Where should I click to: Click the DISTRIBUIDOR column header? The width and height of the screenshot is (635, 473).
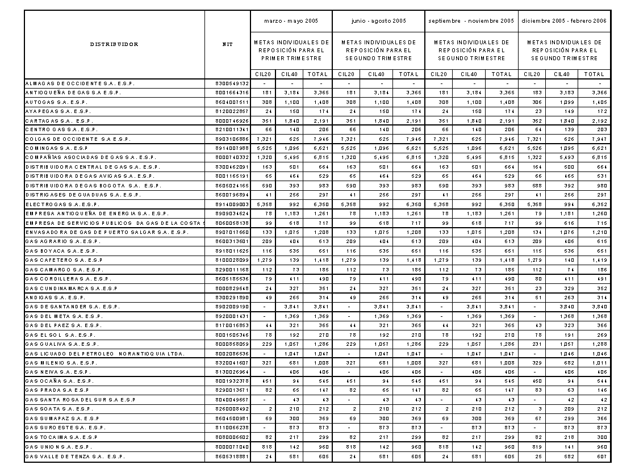click(114, 44)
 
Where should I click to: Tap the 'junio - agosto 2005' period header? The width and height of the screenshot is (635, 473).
click(378, 20)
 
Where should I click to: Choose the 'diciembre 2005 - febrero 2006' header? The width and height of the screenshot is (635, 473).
click(563, 20)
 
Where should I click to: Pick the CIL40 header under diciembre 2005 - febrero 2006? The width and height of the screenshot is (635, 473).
click(562, 74)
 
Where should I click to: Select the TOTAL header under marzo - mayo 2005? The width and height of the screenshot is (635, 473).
click(317, 74)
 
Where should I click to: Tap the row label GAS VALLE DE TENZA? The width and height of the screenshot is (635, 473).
click(76, 457)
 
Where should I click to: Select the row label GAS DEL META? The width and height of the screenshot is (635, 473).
click(63, 316)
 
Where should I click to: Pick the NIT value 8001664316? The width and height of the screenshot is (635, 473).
click(233, 93)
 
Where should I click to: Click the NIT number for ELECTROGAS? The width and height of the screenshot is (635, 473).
click(233, 203)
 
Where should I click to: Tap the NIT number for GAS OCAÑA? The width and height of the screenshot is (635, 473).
click(233, 380)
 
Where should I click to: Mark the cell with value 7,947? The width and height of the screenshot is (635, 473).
click(594, 139)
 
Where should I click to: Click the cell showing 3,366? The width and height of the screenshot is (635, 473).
click(594, 93)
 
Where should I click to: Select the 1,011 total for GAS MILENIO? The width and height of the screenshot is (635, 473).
click(594, 362)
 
